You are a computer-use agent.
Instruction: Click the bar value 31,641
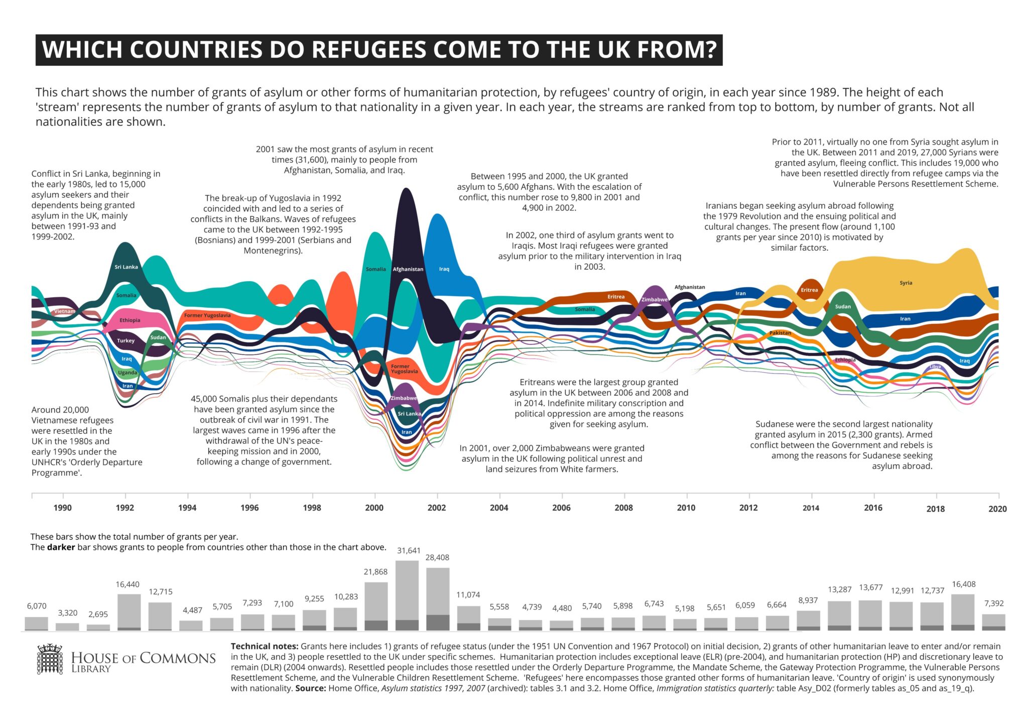409,551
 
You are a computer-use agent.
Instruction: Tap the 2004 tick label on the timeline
499,508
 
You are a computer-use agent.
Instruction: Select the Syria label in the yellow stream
906,283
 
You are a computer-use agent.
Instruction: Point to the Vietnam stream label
65,311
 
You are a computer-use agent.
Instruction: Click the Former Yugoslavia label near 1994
207,315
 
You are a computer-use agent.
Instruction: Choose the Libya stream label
935,367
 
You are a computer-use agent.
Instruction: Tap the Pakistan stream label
780,333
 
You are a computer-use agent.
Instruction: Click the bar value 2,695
98,614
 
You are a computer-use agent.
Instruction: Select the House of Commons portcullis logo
50,659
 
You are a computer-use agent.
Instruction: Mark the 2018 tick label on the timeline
936,509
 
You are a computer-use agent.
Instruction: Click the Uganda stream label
127,373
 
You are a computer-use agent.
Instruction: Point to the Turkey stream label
126,340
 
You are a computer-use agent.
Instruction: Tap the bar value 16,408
964,584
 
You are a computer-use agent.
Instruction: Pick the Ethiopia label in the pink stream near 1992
130,320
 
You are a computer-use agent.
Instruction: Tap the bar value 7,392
994,603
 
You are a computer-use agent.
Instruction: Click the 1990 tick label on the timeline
63,508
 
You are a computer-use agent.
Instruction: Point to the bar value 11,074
468,595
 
